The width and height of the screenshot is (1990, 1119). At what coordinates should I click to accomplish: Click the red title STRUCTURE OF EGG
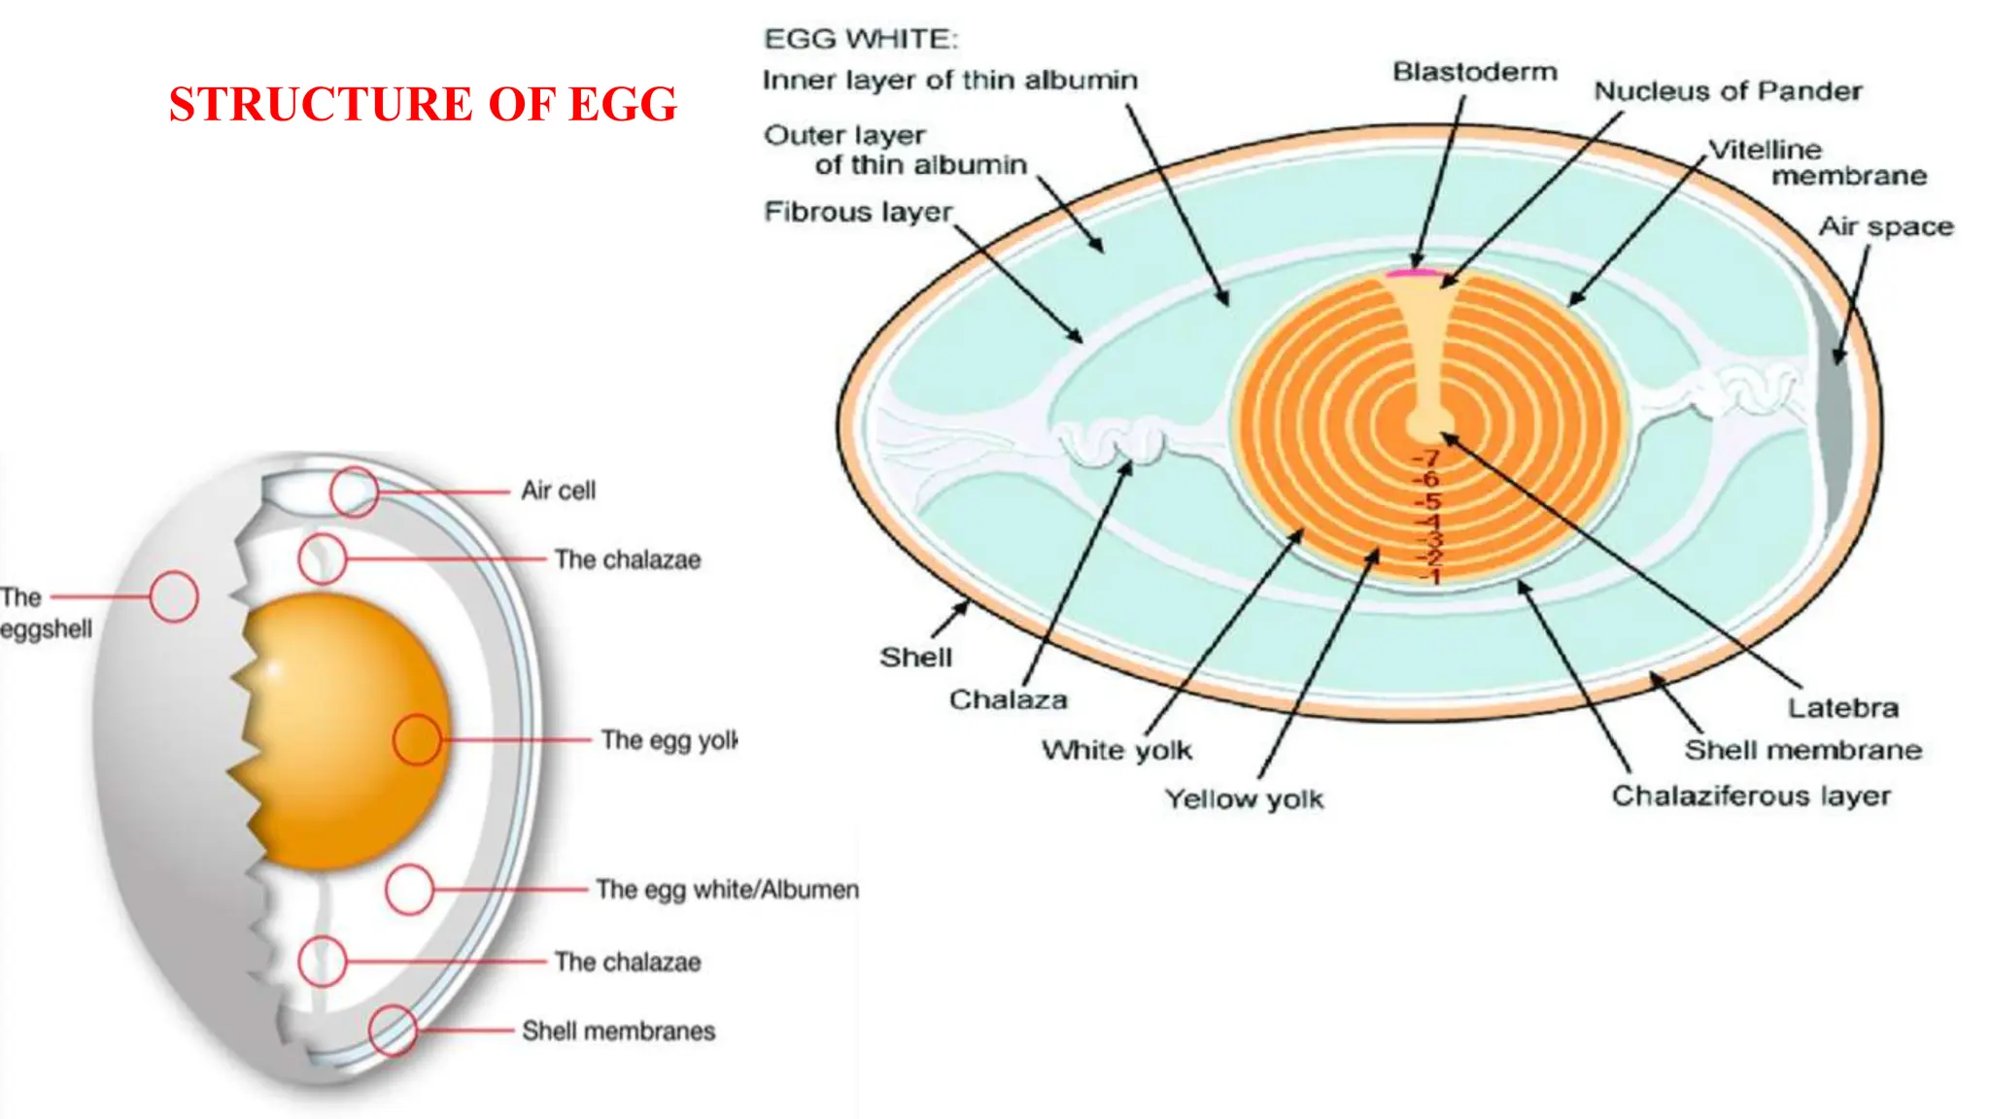[423, 104]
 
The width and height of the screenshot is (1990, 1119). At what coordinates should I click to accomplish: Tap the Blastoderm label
[1474, 72]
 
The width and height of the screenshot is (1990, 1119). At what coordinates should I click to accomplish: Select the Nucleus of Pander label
[1728, 91]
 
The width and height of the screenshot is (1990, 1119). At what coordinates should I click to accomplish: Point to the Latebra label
[1842, 707]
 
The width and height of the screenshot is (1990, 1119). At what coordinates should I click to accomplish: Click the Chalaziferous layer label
[1751, 796]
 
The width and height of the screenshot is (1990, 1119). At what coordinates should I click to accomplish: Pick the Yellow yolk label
[1244, 798]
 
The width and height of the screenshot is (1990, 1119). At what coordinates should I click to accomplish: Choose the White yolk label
[1116, 750]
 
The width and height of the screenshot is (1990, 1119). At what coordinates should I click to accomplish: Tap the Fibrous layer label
[858, 212]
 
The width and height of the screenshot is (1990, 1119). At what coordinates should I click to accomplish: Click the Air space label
[1885, 226]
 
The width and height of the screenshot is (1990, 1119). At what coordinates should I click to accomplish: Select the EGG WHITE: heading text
[861, 39]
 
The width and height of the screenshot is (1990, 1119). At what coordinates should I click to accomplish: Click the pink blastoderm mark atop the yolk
[1413, 273]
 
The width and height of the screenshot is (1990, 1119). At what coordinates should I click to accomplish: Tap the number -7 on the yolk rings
[1426, 458]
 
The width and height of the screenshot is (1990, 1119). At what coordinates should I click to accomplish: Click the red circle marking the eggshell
[174, 596]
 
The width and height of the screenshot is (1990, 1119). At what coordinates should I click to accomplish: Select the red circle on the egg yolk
[418, 739]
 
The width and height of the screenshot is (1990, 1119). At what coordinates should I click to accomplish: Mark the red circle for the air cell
[354, 492]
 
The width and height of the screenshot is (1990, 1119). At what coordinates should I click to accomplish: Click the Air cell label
[558, 491]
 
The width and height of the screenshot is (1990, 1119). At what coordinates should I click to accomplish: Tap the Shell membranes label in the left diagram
[618, 1031]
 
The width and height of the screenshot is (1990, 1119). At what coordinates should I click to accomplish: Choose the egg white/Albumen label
[727, 890]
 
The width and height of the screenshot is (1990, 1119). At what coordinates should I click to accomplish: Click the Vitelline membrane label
[1817, 162]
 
